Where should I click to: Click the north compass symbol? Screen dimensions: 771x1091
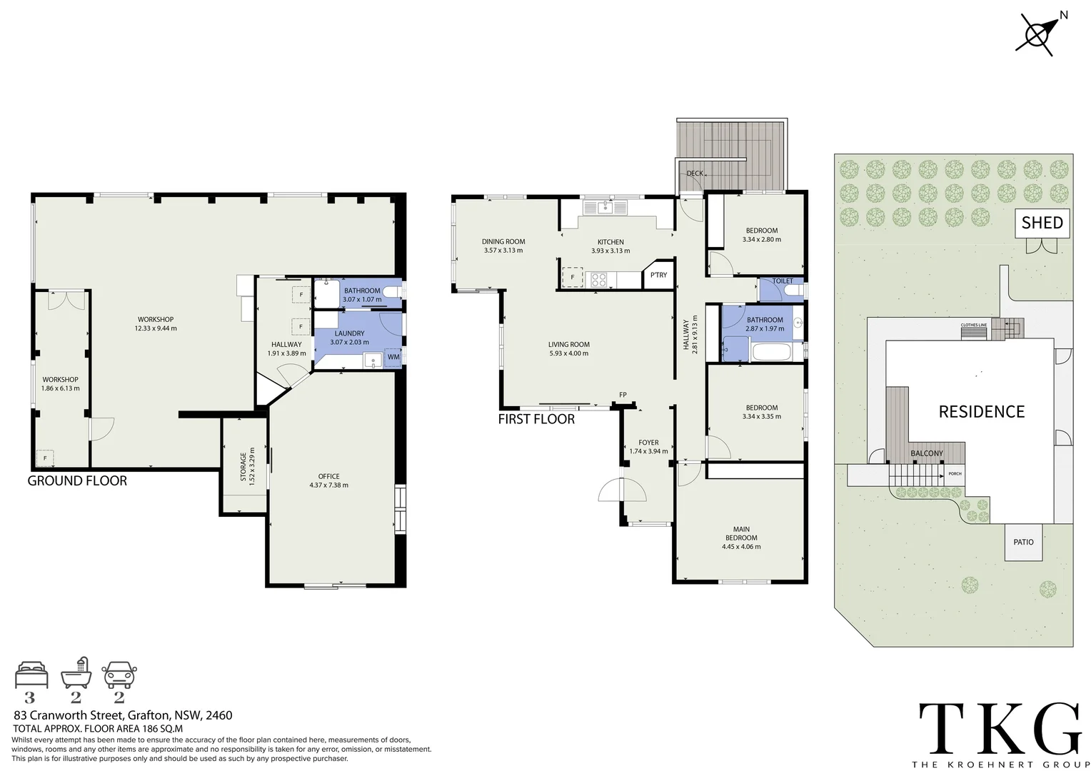1039,34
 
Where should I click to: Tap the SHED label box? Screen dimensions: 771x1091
1042,223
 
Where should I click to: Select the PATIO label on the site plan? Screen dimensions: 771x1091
1023,542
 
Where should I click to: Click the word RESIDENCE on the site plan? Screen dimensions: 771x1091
981,412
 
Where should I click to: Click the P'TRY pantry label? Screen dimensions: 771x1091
658,276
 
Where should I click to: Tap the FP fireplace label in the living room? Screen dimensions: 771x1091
623,395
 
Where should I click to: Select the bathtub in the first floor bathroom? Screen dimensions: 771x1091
770,352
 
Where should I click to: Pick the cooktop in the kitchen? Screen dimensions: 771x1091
598,279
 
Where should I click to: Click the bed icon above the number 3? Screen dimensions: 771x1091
31,674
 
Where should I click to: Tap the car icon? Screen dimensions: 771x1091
119,674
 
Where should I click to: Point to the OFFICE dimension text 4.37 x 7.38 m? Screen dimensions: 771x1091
329,485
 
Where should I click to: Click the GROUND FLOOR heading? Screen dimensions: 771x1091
77,481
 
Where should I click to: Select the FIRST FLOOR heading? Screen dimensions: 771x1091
536,419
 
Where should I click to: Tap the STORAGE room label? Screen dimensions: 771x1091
243,465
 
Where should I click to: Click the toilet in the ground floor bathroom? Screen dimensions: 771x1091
391,293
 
